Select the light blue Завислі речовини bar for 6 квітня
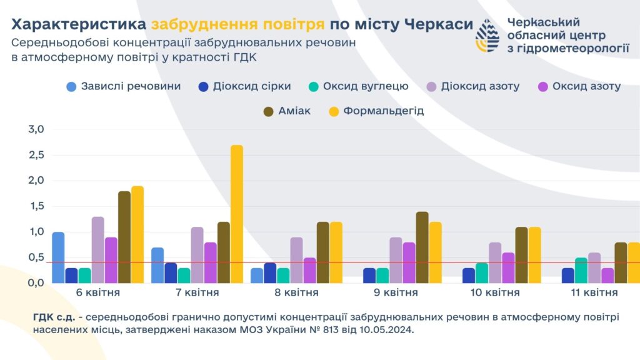pos(58,257)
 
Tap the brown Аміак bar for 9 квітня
pos(422,247)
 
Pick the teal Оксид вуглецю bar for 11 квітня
pos(581,270)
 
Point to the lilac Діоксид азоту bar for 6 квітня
pos(97,249)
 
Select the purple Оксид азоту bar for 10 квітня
pos(508,267)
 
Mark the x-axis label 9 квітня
pos(403,292)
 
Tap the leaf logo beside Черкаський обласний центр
pos(487,35)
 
